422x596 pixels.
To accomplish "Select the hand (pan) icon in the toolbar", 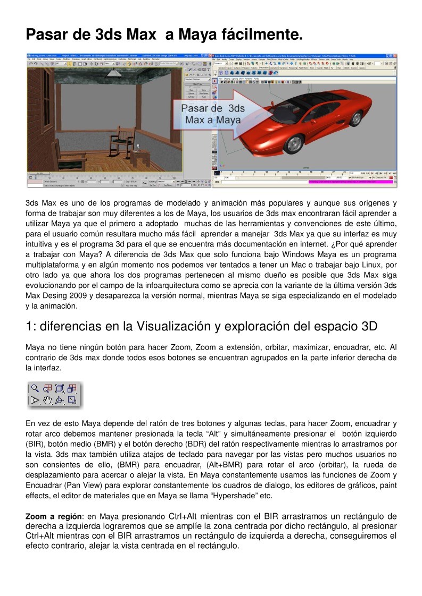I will (47, 400).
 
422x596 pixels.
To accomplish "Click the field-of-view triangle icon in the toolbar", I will (35, 400).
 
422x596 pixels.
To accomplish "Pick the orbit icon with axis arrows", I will (60, 400).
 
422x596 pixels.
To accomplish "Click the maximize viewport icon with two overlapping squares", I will (72, 400).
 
